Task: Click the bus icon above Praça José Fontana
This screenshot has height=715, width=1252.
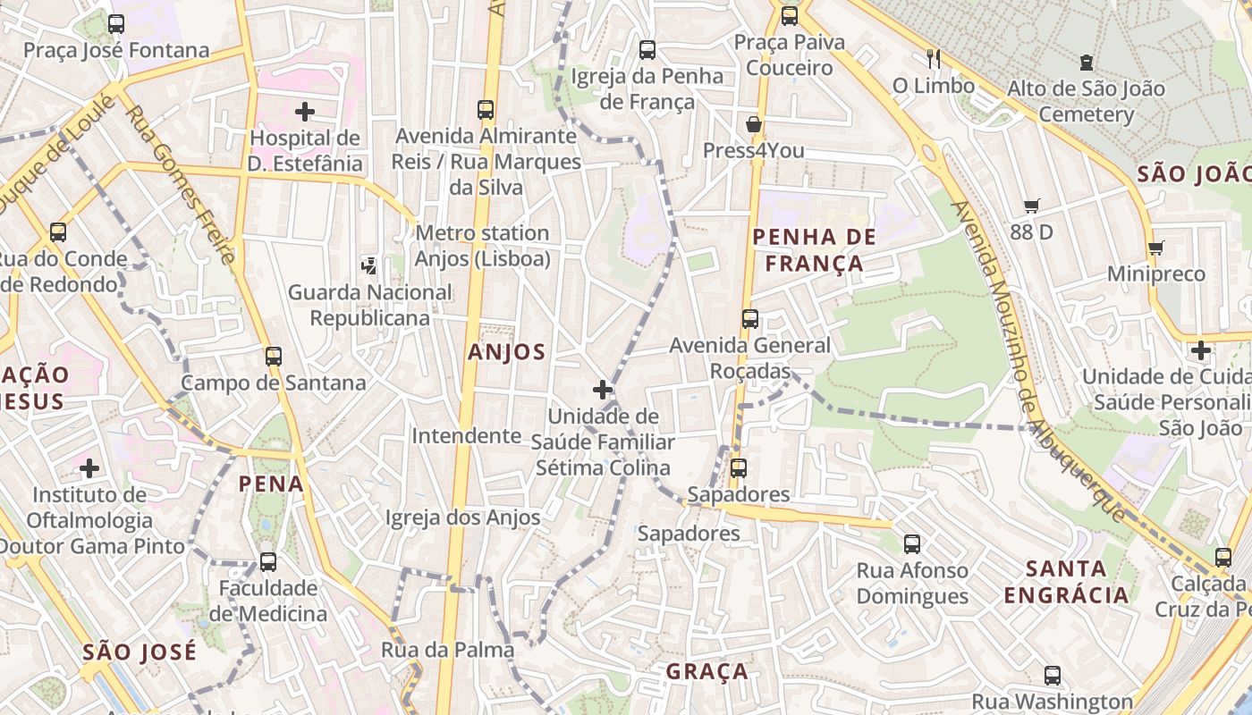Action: pyautogui.click(x=116, y=24)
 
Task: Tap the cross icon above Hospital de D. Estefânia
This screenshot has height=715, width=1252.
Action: pyautogui.click(x=305, y=112)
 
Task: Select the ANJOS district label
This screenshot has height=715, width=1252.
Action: pyautogui.click(x=506, y=352)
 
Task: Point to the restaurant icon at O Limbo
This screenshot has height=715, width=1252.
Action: pyautogui.click(x=934, y=59)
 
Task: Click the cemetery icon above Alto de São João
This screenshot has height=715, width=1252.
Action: pyautogui.click(x=1086, y=63)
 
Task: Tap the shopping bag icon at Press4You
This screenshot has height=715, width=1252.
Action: pyautogui.click(x=754, y=124)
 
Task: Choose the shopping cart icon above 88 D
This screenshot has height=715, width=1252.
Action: pyautogui.click(x=1031, y=206)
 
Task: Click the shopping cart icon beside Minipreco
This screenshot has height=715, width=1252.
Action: pyautogui.click(x=1155, y=248)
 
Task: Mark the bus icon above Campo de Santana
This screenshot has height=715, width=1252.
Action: pyautogui.click(x=274, y=357)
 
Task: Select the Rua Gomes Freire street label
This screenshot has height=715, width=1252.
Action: pyautogui.click(x=182, y=185)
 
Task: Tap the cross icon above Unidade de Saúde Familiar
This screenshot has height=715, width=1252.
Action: pyautogui.click(x=603, y=390)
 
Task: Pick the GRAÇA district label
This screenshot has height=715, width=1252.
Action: pyautogui.click(x=706, y=671)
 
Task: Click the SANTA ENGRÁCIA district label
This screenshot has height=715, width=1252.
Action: pyautogui.click(x=1066, y=582)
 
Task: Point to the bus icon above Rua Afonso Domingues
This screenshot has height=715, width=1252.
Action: pyautogui.click(x=912, y=543)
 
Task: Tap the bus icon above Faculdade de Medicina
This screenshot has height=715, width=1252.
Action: pyautogui.click(x=267, y=562)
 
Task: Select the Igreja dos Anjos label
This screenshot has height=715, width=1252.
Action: pyautogui.click(x=462, y=517)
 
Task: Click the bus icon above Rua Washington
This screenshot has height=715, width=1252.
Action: pyautogui.click(x=1053, y=676)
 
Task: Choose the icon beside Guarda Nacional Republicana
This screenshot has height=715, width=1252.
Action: pyautogui.click(x=369, y=265)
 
